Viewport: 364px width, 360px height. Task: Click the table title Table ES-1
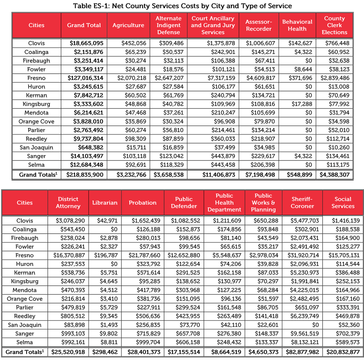pyautogui.click(x=182, y=6)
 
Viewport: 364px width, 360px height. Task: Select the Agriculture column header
pyautogui.click(x=128, y=25)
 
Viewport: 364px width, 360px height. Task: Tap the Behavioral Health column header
pyautogui.click(x=297, y=25)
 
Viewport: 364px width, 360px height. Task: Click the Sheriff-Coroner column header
pyautogui.click(x=302, y=203)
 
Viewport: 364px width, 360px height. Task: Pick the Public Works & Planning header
pyautogui.click(x=263, y=203)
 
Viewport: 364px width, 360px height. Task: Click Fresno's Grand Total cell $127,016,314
pyautogui.click(x=86, y=78)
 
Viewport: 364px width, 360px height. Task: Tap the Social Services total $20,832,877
pyautogui.click(x=343, y=352)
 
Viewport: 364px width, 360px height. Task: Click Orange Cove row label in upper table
pyautogui.click(x=36, y=121)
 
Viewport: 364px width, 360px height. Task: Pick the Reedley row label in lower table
pyautogui.click(x=25, y=316)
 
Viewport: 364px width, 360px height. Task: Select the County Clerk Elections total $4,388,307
pyautogui.click(x=336, y=175)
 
